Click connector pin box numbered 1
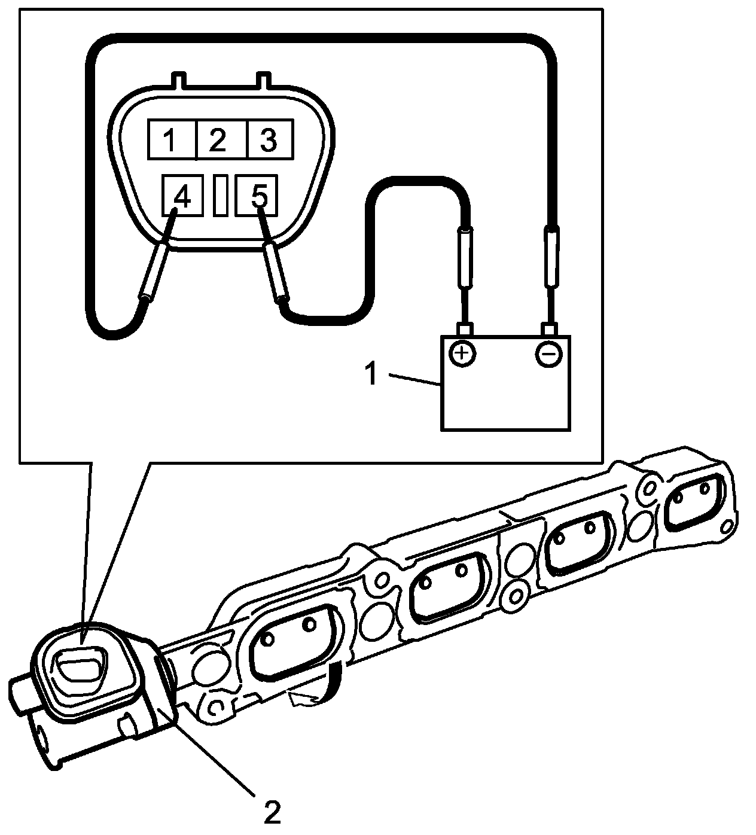172,139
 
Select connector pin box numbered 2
219,139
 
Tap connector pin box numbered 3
269,139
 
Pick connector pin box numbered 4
182,196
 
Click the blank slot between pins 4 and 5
220,196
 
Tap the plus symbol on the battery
461,354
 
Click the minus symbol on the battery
548,355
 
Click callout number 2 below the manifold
270,812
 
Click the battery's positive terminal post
465,328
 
